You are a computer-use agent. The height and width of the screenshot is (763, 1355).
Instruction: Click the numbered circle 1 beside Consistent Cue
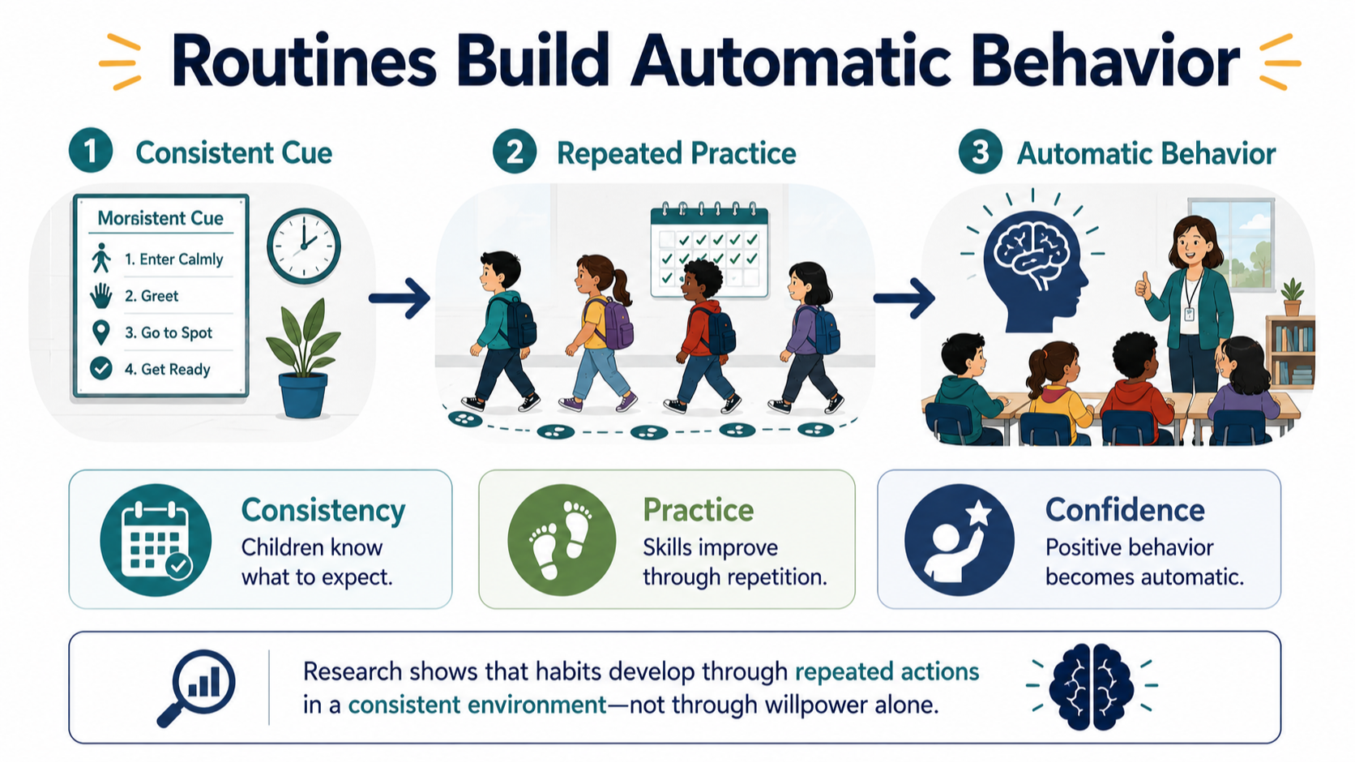point(91,151)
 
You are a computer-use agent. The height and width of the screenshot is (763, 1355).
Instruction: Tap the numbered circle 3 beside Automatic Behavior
point(981,152)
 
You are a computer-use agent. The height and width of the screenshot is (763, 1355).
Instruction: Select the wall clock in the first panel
point(304,246)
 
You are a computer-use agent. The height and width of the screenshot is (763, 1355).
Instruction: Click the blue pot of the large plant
point(302,395)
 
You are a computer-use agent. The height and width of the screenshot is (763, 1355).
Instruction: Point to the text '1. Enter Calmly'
point(173,259)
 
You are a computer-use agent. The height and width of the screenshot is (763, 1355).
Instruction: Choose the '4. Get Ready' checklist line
point(168,369)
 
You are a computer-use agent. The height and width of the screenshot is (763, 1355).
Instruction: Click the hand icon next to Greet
point(101,296)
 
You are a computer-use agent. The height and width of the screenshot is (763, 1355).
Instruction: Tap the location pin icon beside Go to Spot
point(101,332)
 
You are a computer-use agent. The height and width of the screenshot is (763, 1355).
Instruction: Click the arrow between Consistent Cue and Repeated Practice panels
point(400,298)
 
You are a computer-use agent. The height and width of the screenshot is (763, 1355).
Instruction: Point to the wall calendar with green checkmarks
point(709,251)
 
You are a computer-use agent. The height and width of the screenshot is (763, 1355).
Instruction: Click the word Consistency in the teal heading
point(323,512)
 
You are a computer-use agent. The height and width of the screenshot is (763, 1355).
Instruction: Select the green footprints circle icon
point(562,540)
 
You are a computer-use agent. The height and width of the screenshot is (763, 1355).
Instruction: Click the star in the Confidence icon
point(978,514)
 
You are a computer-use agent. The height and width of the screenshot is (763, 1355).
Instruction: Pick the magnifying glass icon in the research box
point(196,688)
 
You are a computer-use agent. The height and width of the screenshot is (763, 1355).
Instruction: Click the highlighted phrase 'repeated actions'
point(887,671)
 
